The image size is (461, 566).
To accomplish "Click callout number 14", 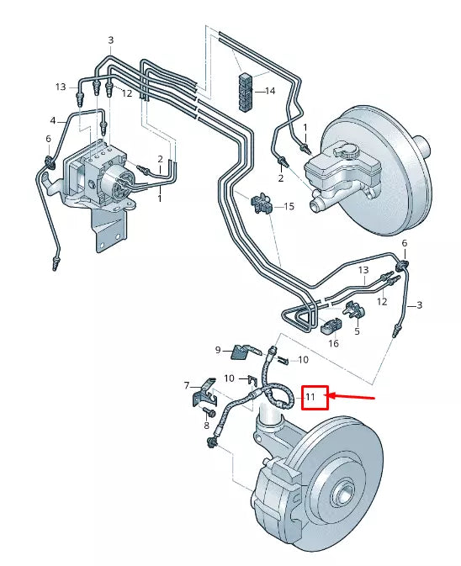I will [x=270, y=91].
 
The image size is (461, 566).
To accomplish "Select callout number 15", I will [x=289, y=206].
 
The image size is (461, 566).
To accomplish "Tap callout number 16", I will [x=333, y=343].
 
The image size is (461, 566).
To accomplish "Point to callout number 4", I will [x=52, y=120].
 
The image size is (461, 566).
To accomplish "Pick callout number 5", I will [x=356, y=331].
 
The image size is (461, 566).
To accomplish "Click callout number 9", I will [x=217, y=350].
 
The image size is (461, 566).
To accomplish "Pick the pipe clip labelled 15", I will [x=262, y=203].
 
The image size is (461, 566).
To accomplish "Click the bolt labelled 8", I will [x=210, y=413].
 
